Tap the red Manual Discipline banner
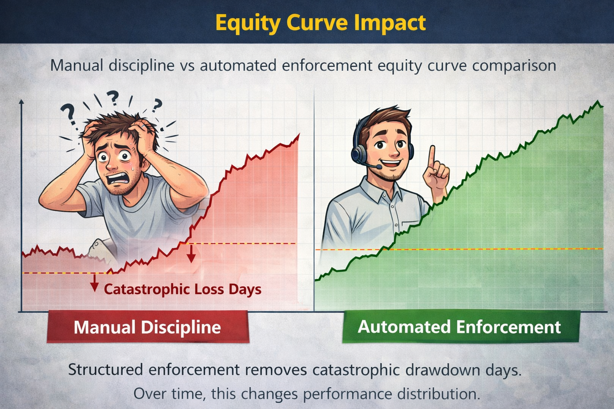(x=148, y=327)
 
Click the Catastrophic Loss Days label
(x=183, y=289)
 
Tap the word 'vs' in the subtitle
(x=187, y=66)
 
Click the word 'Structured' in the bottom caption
(x=105, y=370)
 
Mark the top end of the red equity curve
(x=299, y=135)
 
